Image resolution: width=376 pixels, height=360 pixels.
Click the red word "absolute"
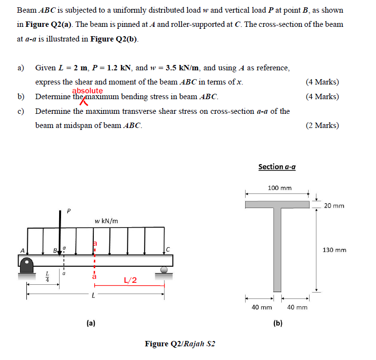click(87, 91)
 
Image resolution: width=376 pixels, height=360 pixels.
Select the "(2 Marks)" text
click(322, 126)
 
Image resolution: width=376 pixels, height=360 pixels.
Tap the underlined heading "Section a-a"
click(277, 167)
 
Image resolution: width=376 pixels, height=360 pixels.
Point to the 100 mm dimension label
click(280, 188)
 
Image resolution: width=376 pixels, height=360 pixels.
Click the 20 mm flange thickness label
click(334, 206)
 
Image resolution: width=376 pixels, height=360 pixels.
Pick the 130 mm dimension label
click(334, 250)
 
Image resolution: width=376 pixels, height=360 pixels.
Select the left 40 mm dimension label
click(261, 307)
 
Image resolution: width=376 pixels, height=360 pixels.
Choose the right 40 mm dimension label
click(297, 307)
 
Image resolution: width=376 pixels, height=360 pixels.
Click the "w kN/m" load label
click(106, 221)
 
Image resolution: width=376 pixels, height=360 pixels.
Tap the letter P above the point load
click(68, 212)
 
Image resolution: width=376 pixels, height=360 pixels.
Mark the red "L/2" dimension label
click(130, 280)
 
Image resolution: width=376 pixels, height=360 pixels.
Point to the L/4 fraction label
click(47, 277)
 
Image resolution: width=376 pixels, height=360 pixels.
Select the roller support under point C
click(165, 269)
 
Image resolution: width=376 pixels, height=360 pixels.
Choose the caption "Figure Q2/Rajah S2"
click(180, 344)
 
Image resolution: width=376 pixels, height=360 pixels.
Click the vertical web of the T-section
click(277, 249)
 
